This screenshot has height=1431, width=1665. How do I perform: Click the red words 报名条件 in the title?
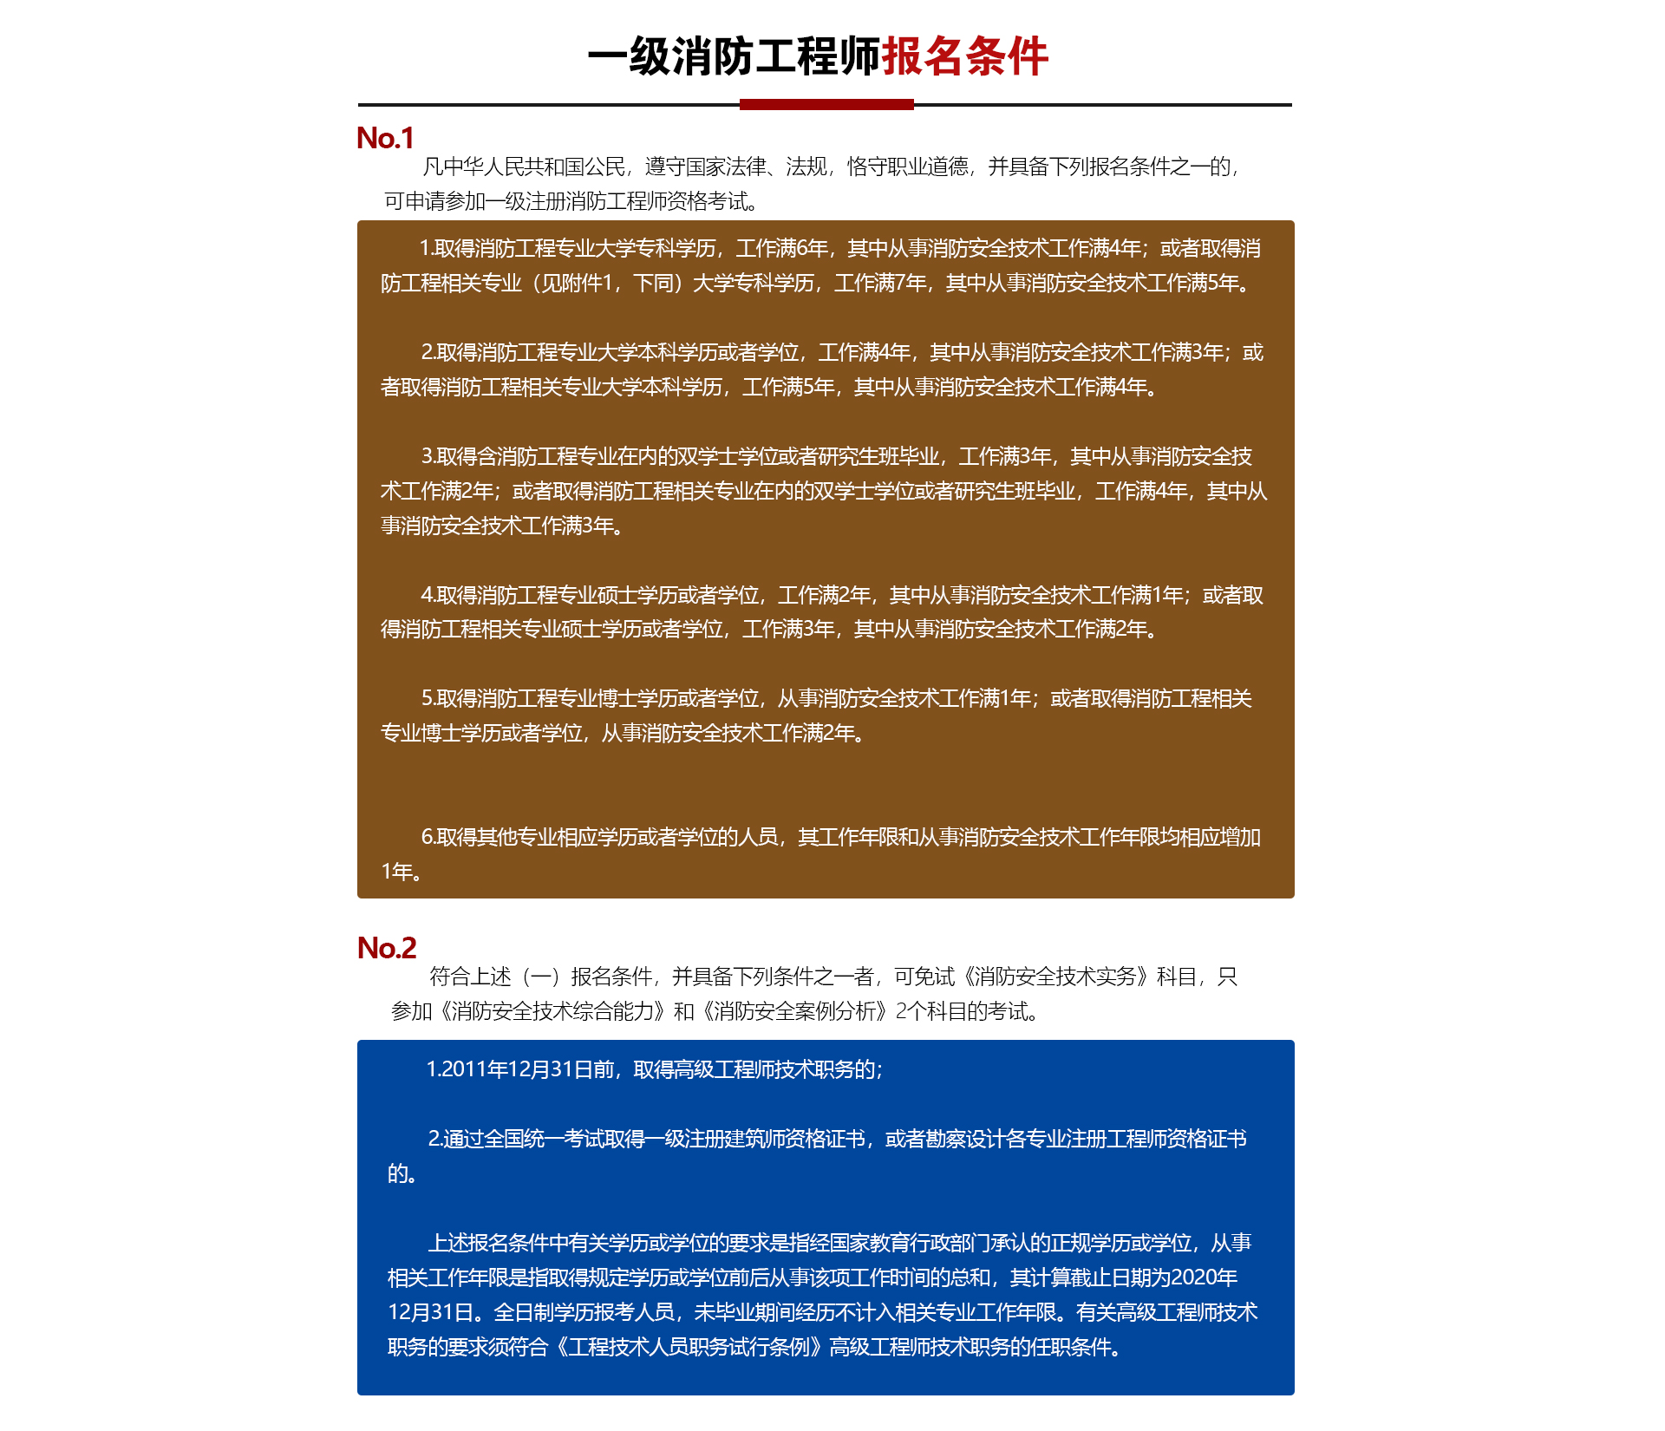tap(964, 57)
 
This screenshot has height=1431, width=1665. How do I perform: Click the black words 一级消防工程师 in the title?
tap(734, 57)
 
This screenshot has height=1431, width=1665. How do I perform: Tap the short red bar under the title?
tap(826, 105)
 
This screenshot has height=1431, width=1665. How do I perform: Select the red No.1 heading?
tap(385, 138)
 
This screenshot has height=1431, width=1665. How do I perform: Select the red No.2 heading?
tap(387, 948)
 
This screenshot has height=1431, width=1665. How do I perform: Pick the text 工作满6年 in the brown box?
tap(782, 249)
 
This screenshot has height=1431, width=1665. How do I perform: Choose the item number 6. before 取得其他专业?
tap(428, 837)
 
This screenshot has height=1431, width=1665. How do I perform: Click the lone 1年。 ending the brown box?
tap(402, 872)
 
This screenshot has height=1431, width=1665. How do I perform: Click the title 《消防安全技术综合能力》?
tap(551, 1011)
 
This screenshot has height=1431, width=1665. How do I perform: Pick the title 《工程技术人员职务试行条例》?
tap(689, 1347)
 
